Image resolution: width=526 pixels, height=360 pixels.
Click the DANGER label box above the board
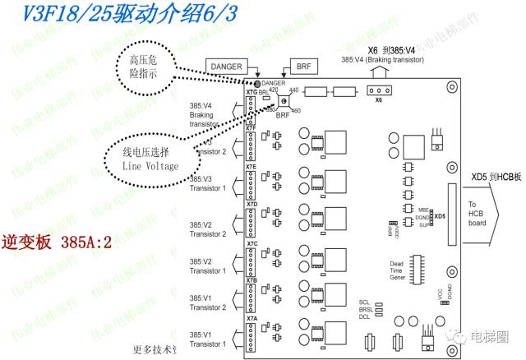point(225,65)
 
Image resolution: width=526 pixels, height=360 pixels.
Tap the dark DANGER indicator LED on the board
point(257,85)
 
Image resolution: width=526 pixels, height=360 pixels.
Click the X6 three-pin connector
point(377,90)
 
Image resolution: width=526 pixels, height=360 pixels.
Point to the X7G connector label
point(251,91)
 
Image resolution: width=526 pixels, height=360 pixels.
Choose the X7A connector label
point(251,318)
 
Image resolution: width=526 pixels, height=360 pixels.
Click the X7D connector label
point(251,204)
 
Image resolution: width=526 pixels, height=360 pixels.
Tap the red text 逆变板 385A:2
point(57,244)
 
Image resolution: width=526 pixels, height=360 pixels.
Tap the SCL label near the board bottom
point(364,302)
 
